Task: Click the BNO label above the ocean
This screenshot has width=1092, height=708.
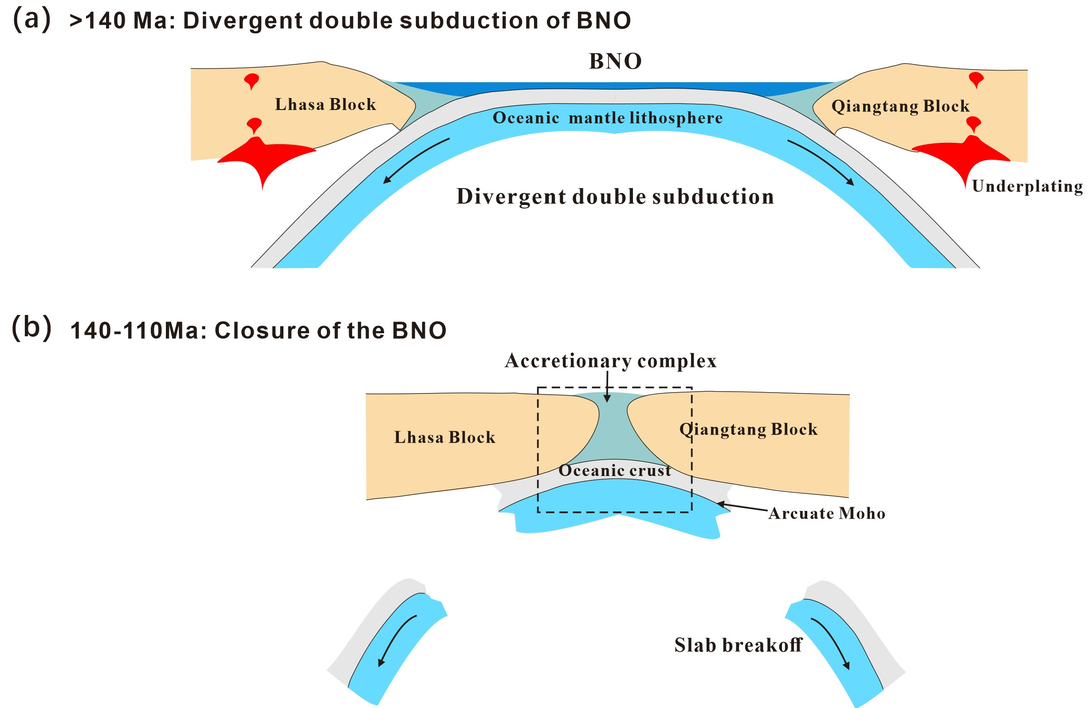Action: pyautogui.click(x=615, y=62)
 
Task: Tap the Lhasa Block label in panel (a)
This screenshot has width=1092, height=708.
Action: pyautogui.click(x=325, y=105)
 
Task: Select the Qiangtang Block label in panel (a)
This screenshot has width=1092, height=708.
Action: pyautogui.click(x=900, y=106)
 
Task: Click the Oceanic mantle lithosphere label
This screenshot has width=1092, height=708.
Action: pyautogui.click(x=608, y=118)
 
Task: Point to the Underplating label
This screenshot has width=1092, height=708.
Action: pyautogui.click(x=1027, y=186)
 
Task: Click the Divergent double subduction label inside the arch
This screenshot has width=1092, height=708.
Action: pyautogui.click(x=615, y=197)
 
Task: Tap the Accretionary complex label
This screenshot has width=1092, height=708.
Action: pyautogui.click(x=610, y=361)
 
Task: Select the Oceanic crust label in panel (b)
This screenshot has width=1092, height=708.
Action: pyautogui.click(x=615, y=470)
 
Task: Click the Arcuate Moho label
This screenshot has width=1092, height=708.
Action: pyautogui.click(x=827, y=513)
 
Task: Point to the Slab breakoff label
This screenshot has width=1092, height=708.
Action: pyautogui.click(x=738, y=645)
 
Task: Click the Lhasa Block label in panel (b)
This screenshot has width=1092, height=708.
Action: pyautogui.click(x=444, y=437)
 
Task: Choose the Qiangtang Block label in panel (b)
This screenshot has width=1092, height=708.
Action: pyautogui.click(x=748, y=429)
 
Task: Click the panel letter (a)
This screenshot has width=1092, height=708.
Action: pyautogui.click(x=31, y=20)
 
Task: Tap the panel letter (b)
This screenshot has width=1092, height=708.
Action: pyautogui.click(x=31, y=328)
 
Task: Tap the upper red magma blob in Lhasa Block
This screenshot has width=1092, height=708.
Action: pyautogui.click(x=251, y=81)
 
